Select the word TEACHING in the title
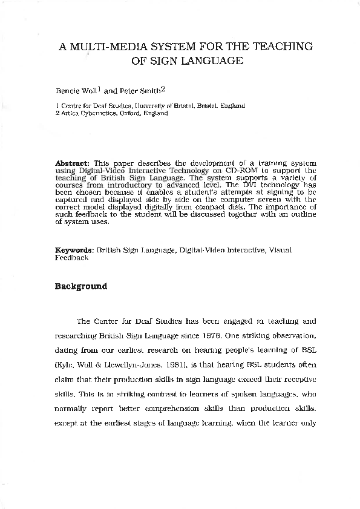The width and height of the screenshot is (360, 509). tap(283, 47)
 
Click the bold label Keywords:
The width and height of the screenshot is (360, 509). tap(74, 250)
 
